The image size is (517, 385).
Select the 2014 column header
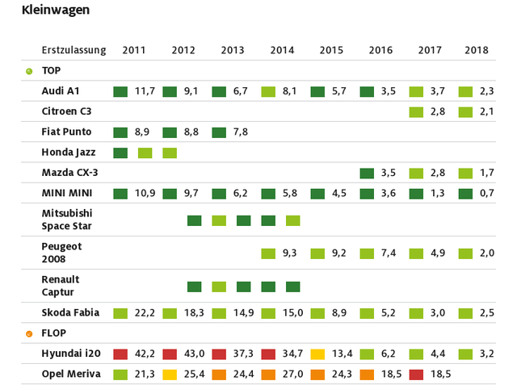[x=282, y=50]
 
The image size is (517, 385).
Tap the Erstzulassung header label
[x=74, y=50]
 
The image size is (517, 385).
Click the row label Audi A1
[x=61, y=91]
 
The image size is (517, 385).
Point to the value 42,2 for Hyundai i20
[x=145, y=354]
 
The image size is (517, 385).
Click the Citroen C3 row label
[x=67, y=111]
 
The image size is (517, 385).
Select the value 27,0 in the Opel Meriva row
[x=292, y=375]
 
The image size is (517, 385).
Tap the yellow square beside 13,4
[x=317, y=354]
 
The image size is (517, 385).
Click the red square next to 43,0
[x=170, y=354]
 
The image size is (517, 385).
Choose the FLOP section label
[x=54, y=333]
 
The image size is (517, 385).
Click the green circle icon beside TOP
[x=29, y=71]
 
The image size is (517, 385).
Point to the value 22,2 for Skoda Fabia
[x=145, y=313]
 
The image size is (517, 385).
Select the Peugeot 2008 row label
[x=62, y=253]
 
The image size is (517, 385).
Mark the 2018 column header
[x=477, y=50]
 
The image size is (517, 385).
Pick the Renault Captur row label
[x=61, y=286]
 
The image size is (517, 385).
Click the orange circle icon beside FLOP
[x=29, y=333]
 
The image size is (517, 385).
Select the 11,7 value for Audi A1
[x=145, y=91]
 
